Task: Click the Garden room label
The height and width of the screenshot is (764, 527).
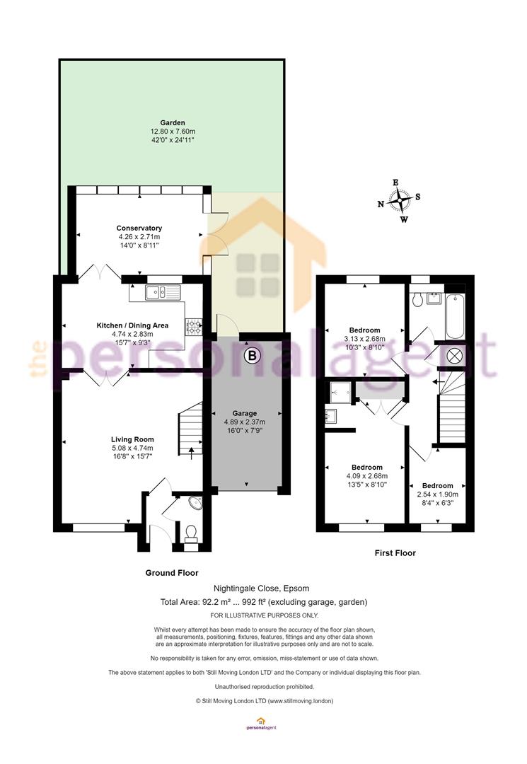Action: pyautogui.click(x=173, y=123)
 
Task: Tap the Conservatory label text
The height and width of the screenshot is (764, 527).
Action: pyautogui.click(x=139, y=228)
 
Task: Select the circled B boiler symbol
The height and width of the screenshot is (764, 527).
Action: pyautogui.click(x=252, y=355)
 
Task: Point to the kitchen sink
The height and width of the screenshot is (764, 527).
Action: pyautogui.click(x=163, y=292)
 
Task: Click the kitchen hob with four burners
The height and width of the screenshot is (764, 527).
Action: pyautogui.click(x=194, y=327)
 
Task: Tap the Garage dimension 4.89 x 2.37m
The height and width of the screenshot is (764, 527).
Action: pyautogui.click(x=245, y=422)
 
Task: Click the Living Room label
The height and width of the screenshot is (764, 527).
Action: pyautogui.click(x=132, y=439)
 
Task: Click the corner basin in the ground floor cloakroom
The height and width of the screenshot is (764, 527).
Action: pyautogui.click(x=196, y=502)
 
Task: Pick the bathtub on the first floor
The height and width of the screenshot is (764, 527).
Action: pyautogui.click(x=456, y=316)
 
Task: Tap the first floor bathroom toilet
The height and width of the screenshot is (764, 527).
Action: pyautogui.click(x=417, y=299)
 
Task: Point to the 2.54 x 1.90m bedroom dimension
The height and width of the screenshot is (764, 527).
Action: pyautogui.click(x=437, y=494)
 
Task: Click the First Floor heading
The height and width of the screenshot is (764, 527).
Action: pyautogui.click(x=395, y=553)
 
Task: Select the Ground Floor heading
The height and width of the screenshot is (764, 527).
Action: pyautogui.click(x=172, y=573)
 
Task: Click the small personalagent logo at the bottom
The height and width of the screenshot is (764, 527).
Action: pyautogui.click(x=261, y=724)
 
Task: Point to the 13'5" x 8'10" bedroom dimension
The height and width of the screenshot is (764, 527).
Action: pyautogui.click(x=366, y=485)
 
